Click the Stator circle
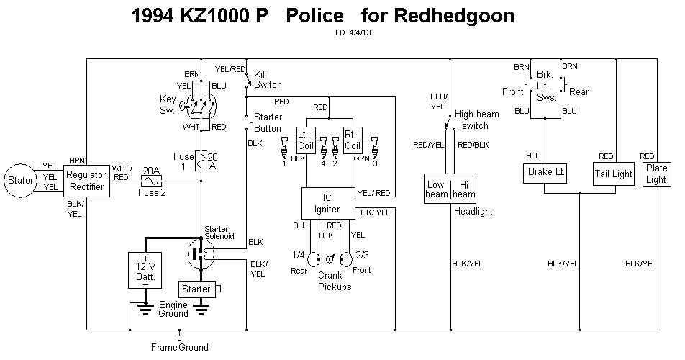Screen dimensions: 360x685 [20, 179]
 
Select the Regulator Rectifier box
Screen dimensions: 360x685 [86, 181]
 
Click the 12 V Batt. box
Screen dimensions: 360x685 [147, 271]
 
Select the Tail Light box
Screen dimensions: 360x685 [613, 174]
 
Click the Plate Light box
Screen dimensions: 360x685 [655, 174]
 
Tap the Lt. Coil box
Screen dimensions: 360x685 [307, 139]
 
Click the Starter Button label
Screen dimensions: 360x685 [268, 123]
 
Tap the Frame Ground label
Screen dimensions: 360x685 [179, 347]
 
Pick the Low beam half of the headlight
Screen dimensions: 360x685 [437, 188]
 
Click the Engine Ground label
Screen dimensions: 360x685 [173, 309]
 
